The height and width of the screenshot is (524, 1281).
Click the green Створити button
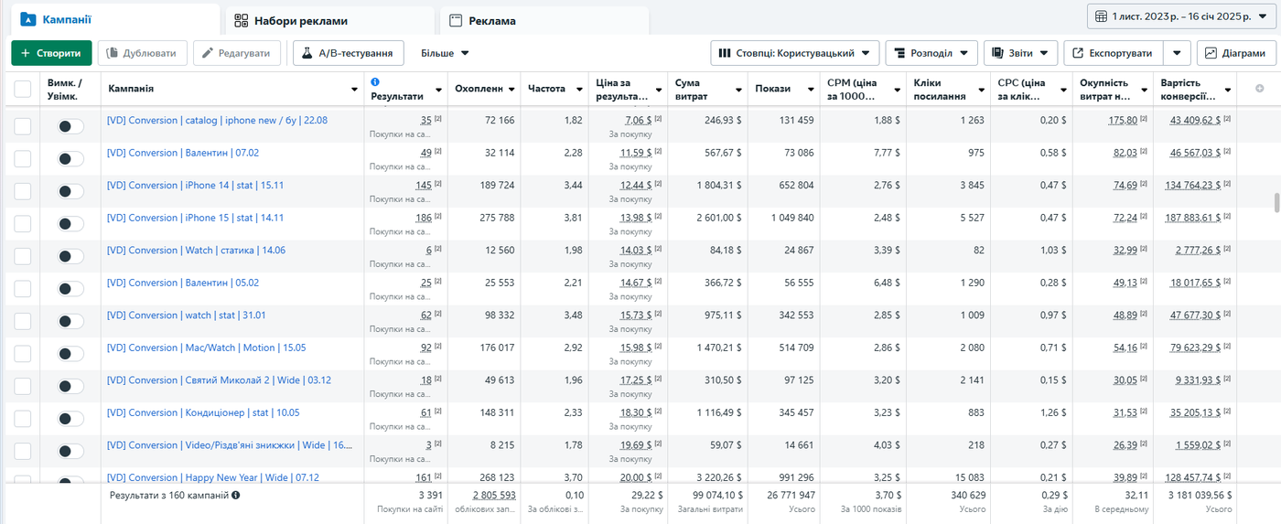pos(51,53)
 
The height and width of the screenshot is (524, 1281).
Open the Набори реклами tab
pos(330,21)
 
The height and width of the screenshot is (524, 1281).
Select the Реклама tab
pos(544,21)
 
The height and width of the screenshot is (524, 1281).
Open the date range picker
pos(1181,16)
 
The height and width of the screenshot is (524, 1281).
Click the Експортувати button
pos(1113,53)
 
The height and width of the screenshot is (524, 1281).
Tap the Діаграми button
pos(1236,53)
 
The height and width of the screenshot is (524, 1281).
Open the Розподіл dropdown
pos(931,53)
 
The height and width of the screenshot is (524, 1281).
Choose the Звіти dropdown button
pos(1021,53)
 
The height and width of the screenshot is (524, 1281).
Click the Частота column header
pos(547,89)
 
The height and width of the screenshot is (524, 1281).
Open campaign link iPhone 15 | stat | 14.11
pos(195,218)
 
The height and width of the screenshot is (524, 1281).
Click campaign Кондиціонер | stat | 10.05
pos(203,412)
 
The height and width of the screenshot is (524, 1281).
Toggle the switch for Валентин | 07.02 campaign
pos(70,159)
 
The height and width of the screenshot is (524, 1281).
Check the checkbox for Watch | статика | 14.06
pos(22,256)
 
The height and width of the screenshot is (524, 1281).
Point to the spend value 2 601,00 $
pos(719,218)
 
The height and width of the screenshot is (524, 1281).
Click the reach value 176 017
pos(497,348)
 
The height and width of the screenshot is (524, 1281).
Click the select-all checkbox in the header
pos(22,89)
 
